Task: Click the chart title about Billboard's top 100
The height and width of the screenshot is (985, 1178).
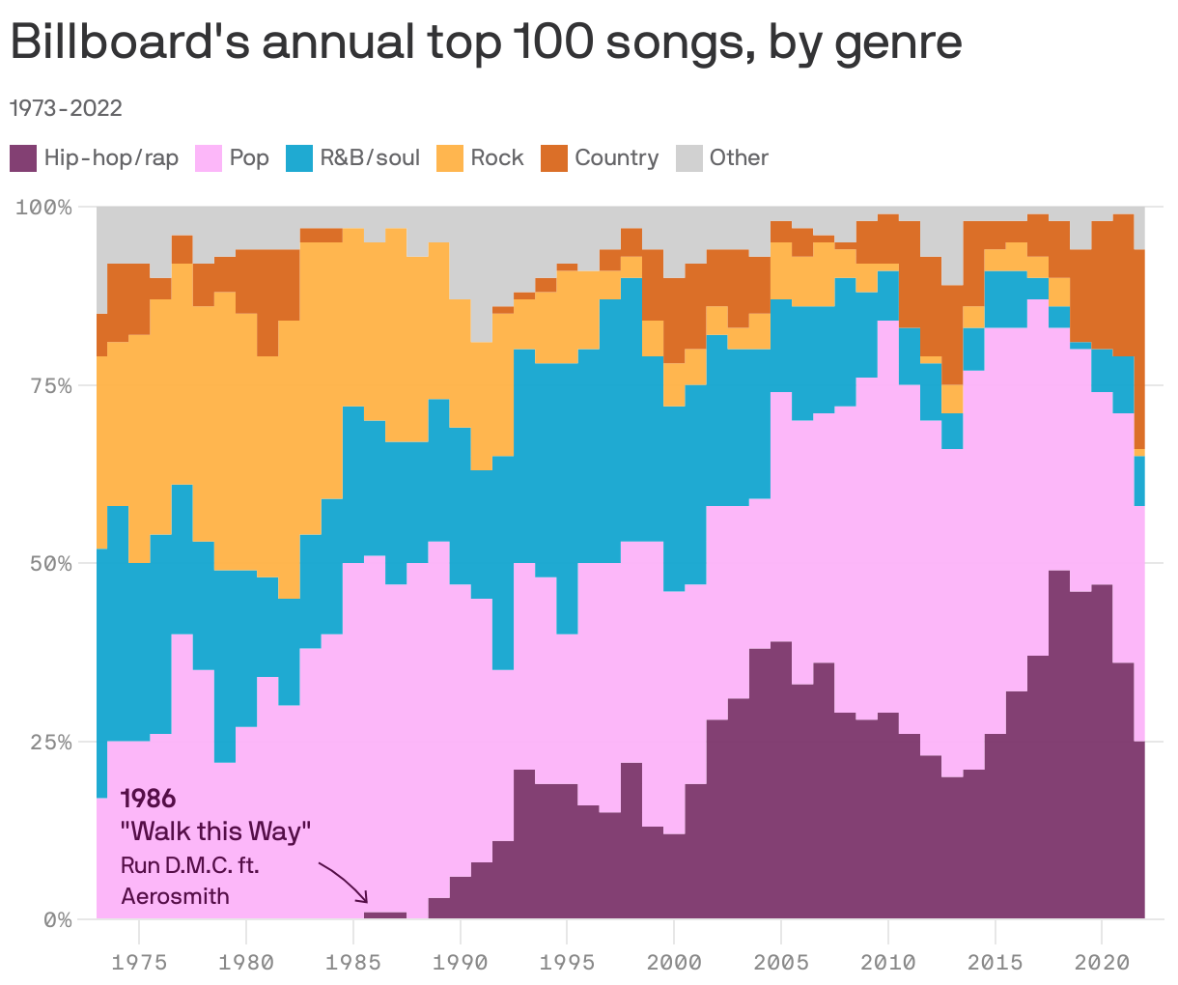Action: [x=486, y=43]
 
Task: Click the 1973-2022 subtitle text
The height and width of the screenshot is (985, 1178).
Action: [x=66, y=107]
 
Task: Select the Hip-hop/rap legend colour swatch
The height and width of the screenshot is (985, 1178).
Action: [x=23, y=157]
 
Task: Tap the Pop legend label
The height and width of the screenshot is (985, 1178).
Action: [x=249, y=157]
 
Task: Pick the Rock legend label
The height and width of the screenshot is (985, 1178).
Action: [x=496, y=157]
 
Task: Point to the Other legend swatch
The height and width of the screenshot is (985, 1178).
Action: [x=688, y=157]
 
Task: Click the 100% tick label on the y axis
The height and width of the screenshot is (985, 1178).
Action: [x=45, y=207]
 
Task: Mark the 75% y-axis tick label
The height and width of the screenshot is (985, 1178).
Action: [x=50, y=385]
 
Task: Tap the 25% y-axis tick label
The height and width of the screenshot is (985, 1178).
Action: [x=50, y=742]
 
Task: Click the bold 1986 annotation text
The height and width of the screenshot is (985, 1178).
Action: [x=148, y=799]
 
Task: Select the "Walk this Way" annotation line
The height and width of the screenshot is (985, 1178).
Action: [x=216, y=831]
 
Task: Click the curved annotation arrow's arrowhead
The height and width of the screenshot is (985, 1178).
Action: [x=364, y=899]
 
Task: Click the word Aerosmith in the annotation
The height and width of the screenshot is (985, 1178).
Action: [x=176, y=896]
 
